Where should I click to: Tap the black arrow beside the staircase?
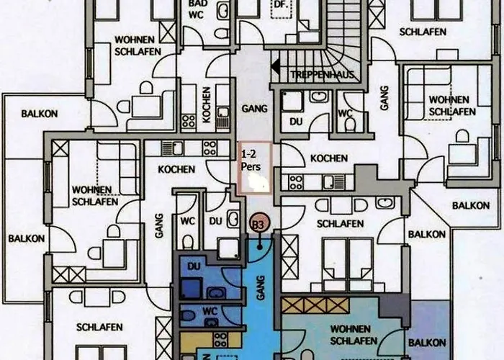coord(276,67)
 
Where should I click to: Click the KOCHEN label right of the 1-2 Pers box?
coord(328,158)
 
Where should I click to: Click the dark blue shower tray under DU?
coord(191,288)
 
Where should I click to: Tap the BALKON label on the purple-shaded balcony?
coord(427,343)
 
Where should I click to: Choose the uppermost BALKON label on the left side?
coord(40,114)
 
